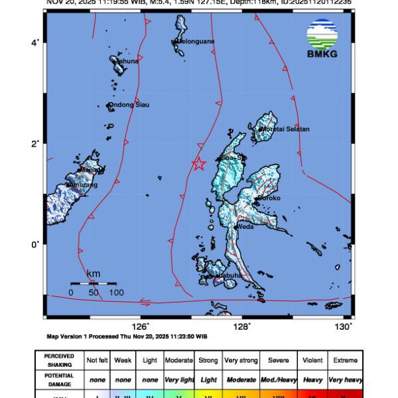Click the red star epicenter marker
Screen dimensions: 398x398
pos(198,164)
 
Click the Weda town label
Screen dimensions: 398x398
pos(245,227)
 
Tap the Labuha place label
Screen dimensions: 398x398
pos(230,275)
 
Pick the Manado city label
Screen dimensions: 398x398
pos(92,170)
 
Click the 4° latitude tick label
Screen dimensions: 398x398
pos(36,42)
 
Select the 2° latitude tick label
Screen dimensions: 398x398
pos(36,143)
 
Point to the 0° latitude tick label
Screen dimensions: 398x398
pos(36,244)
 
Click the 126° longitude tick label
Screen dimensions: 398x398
pos(140,326)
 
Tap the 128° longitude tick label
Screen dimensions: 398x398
pos(241,326)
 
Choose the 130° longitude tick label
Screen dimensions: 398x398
pos(343,326)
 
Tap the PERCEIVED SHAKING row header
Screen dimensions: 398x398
pos(59,360)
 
